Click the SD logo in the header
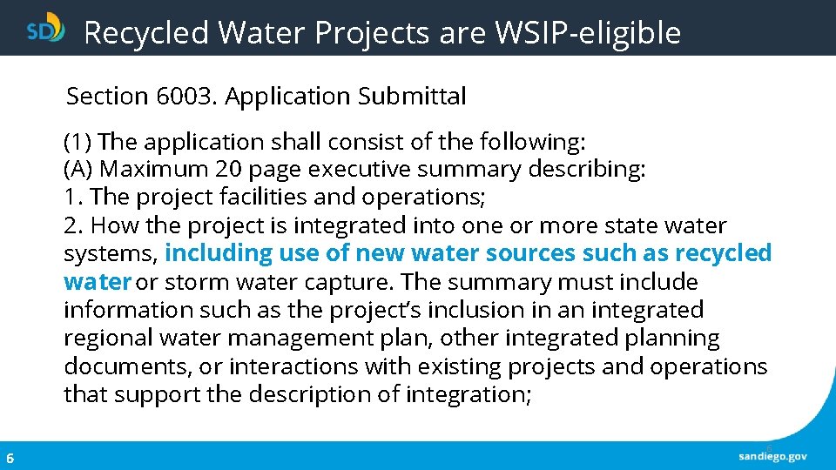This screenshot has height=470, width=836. click(x=46, y=29)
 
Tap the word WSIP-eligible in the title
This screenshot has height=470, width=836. click(x=588, y=33)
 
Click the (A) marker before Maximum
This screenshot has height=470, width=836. click(x=78, y=169)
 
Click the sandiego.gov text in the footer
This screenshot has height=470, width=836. click(x=772, y=456)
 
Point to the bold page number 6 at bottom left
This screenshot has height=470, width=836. click(x=10, y=458)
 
